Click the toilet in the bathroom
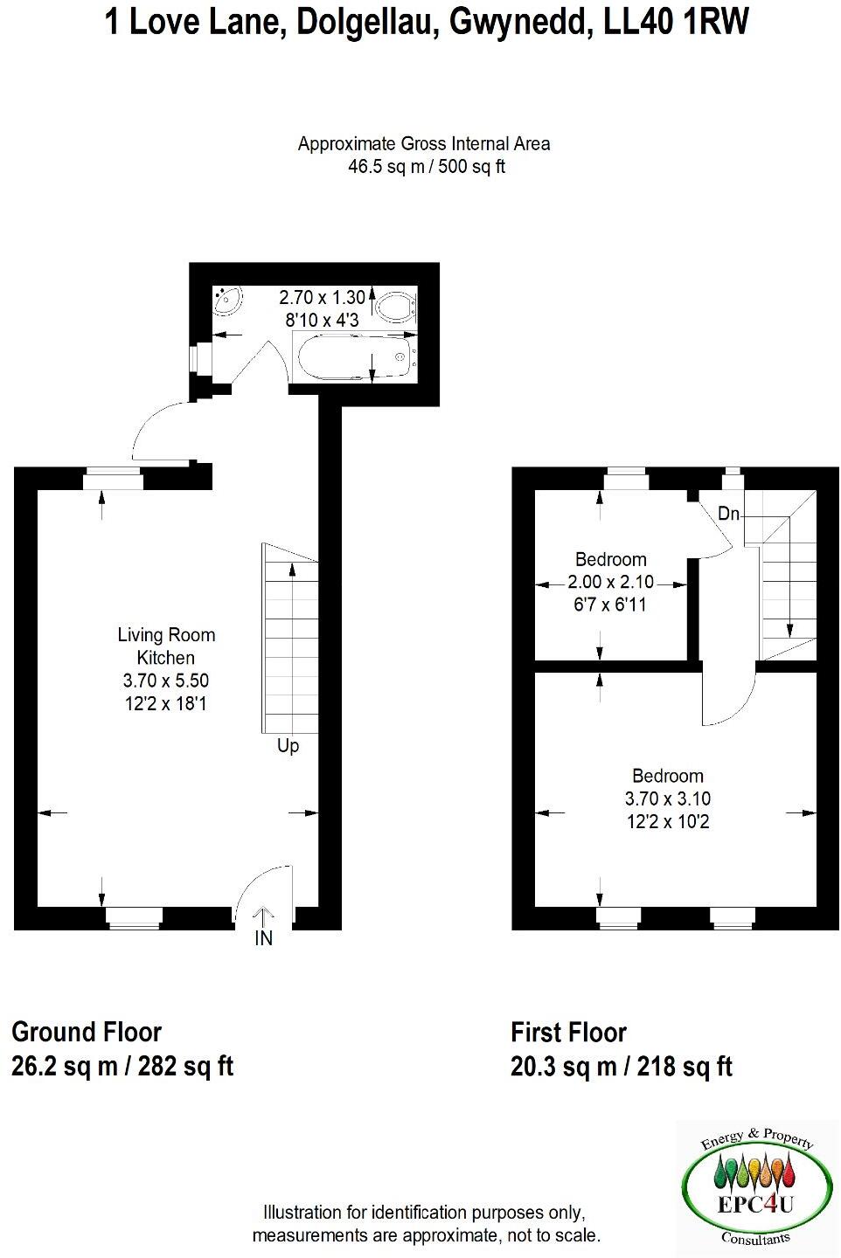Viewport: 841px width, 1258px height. pos(396,307)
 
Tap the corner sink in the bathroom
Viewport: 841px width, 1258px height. pos(226,301)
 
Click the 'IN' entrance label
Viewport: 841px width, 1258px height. pos(263,938)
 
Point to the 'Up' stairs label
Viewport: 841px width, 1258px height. pos(288,746)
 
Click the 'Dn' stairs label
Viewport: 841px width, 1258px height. pos(728,514)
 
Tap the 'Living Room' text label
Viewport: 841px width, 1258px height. pos(166,635)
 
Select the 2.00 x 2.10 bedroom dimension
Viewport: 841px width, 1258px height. pos(610,582)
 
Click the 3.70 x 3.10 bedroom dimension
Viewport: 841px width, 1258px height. pos(668,798)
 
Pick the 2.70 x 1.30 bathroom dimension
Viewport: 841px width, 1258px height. pos(322,297)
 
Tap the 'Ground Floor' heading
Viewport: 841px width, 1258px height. pos(87,1032)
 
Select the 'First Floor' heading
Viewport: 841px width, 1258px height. pos(568,1033)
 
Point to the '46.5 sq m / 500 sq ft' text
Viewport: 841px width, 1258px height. pos(427,167)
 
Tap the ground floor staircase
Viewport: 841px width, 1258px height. pos(289,638)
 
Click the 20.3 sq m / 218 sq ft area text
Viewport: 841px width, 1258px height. pos(621,1067)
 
